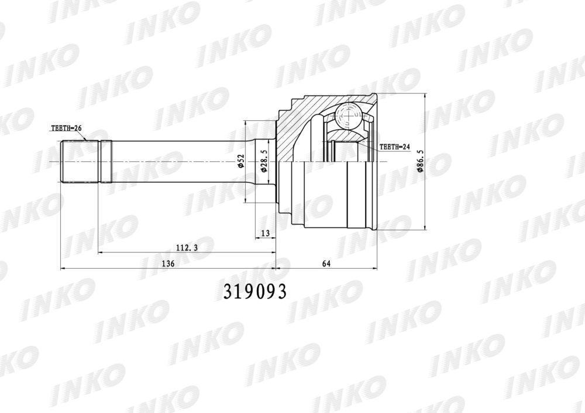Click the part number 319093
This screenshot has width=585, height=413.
tap(255, 291)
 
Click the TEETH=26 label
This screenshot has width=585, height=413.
tap(66, 129)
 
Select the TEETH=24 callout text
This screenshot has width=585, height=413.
tap(395, 147)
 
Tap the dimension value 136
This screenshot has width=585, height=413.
tap(168, 263)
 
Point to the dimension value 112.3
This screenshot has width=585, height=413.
tap(186, 247)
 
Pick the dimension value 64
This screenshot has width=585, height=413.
tap(326, 263)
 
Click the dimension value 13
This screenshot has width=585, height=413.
tap(265, 234)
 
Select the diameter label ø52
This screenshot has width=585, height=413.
tap(241, 162)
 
